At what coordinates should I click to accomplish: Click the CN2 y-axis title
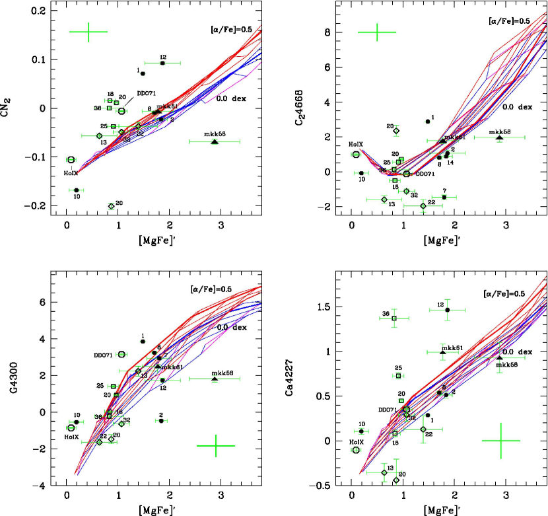pyautogui.click(x=9, y=106)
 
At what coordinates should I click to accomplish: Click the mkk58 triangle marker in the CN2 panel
pyautogui.click(x=215, y=141)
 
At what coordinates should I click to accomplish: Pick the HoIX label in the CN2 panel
pyautogui.click(x=71, y=173)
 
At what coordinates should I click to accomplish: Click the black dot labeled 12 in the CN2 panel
pyautogui.click(x=162, y=63)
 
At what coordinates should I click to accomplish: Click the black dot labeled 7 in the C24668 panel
pyautogui.click(x=444, y=197)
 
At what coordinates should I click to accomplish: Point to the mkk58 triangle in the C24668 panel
pyautogui.click(x=499, y=137)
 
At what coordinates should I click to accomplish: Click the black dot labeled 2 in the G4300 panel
pyautogui.click(x=161, y=421)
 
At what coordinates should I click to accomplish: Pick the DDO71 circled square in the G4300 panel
pyautogui.click(x=121, y=355)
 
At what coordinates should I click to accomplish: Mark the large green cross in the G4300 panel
pyautogui.click(x=216, y=446)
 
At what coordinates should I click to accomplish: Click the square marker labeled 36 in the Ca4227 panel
pyautogui.click(x=394, y=318)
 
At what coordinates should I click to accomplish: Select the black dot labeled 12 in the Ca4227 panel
pyautogui.click(x=448, y=310)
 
